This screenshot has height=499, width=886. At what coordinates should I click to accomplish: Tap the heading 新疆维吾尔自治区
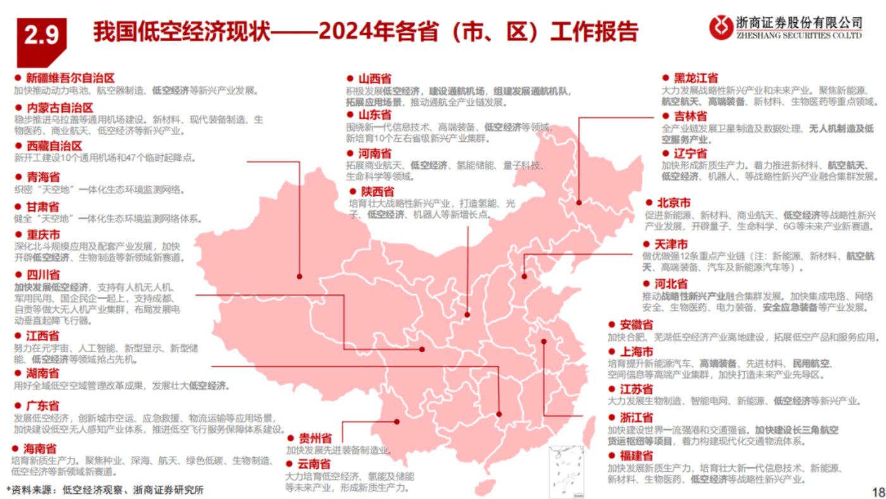pyautogui.click(x=70, y=78)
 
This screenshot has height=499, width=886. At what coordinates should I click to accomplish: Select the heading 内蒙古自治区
pyautogui.click(x=59, y=108)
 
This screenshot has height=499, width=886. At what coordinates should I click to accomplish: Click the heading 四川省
pyautogui.click(x=43, y=274)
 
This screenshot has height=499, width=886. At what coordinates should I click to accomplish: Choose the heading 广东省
pyautogui.click(x=43, y=405)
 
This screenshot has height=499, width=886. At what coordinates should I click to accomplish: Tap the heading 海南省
pyautogui.click(x=41, y=448)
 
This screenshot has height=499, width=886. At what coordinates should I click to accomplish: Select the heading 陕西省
pyautogui.click(x=378, y=191)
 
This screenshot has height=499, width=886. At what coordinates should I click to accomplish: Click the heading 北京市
pyautogui.click(x=674, y=203)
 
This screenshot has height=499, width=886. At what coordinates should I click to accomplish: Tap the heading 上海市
pyautogui.click(x=636, y=351)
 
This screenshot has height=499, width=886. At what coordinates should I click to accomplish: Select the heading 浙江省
pyautogui.click(x=636, y=418)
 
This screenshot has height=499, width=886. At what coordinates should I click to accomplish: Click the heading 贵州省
pyautogui.click(x=315, y=438)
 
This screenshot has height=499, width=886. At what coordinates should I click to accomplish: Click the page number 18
pyautogui.click(x=877, y=491)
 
